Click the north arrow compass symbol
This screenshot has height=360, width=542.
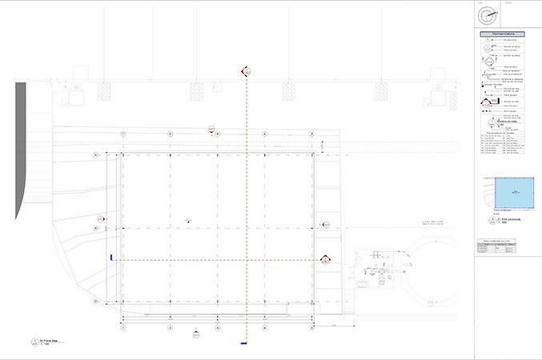pos(484,14)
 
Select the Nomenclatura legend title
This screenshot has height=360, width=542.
pos(502,35)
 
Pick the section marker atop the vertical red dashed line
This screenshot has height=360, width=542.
pos(247,72)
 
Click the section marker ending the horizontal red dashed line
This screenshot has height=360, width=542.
pos(326,259)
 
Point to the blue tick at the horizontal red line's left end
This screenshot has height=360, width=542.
pos(111,258)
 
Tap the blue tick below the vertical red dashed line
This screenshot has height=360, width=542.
pos(243,344)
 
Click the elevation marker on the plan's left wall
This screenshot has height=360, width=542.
pos(102,218)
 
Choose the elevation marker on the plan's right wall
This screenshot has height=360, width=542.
pos(325,225)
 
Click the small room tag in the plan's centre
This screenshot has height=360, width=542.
pos(187,218)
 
